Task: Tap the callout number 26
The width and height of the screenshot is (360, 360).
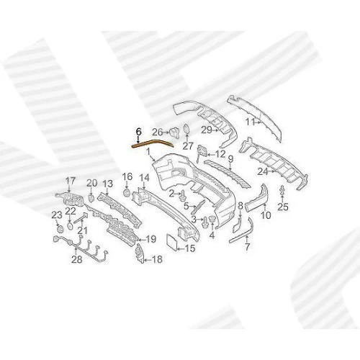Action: [x=158, y=132]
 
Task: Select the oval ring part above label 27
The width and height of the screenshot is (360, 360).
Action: [x=186, y=129]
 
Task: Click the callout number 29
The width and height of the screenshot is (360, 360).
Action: [x=207, y=130]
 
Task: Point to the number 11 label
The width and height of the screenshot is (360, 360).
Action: [x=251, y=122]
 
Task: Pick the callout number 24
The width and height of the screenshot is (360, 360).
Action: [x=263, y=171]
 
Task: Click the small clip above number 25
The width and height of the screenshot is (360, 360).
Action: [x=282, y=191]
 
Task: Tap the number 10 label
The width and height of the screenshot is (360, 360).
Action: [x=266, y=215]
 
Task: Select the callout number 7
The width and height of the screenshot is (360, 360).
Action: [x=247, y=246]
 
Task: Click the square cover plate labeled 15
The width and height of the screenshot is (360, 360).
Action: [x=172, y=243]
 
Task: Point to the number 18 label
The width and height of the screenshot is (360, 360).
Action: [x=158, y=259]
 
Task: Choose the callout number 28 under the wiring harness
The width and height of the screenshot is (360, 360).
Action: [x=77, y=259]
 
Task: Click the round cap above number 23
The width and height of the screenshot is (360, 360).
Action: [x=59, y=229]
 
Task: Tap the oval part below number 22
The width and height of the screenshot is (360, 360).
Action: [x=70, y=226]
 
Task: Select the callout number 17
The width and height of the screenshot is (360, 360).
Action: [x=71, y=181]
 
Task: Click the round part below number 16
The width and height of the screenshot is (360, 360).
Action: [x=126, y=193]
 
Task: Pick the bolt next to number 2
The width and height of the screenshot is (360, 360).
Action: [x=183, y=195]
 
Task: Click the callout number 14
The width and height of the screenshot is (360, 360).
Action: [x=145, y=178]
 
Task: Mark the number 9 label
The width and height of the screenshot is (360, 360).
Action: [x=230, y=159]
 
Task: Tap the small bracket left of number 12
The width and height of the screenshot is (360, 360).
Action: [x=201, y=152]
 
